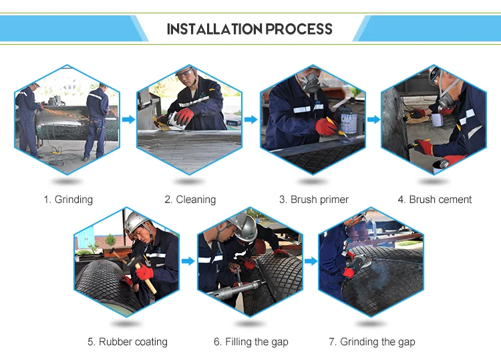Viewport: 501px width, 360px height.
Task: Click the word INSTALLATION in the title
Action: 214,29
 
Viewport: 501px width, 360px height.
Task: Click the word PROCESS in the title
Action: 299,29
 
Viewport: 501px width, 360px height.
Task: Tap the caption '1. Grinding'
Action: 68,200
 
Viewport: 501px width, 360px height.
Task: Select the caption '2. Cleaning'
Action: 190,200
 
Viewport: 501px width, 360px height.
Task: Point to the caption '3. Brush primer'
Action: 314,200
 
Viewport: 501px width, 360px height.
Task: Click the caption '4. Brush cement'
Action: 435,200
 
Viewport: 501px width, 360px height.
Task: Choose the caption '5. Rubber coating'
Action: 128,342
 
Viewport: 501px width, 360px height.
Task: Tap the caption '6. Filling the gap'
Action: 251,342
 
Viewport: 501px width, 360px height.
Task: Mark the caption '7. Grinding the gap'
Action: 372,342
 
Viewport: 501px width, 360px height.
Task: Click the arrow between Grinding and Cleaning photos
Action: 128,120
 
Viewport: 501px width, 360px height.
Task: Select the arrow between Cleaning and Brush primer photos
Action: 251,120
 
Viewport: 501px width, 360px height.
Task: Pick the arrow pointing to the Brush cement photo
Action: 373,120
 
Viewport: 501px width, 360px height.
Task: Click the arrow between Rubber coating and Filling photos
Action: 188,261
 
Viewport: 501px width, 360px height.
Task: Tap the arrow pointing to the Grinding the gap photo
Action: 311,261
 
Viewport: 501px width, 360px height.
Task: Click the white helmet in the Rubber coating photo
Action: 136,221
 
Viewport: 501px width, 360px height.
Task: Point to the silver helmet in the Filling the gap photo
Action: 244,226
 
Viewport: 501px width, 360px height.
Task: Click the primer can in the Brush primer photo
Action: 348,123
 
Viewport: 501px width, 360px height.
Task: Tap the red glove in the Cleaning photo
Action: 184,117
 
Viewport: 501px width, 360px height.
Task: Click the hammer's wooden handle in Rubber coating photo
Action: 147,278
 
